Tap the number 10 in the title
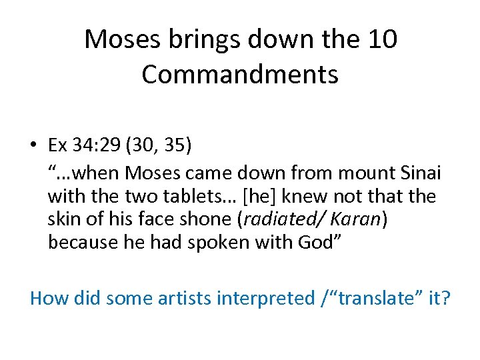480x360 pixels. tap(383, 40)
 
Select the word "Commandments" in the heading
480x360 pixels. tap(240, 75)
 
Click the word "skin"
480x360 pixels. tap(64, 219)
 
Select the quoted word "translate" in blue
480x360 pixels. tap(375, 297)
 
